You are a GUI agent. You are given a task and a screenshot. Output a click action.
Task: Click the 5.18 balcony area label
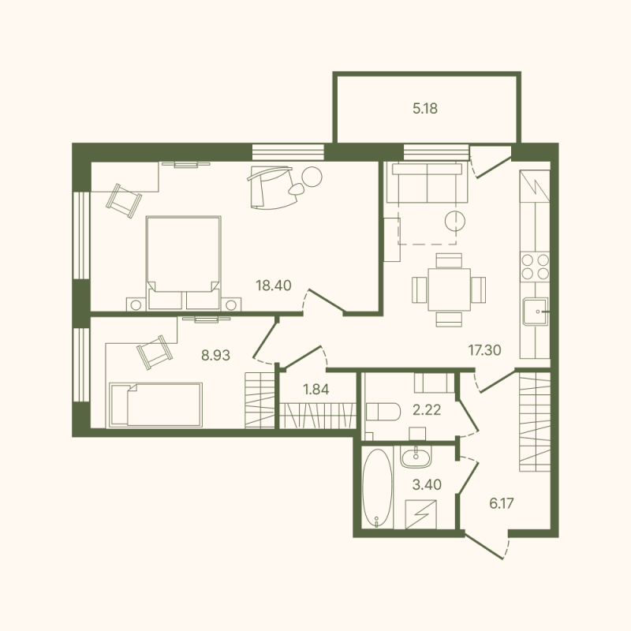(424, 109)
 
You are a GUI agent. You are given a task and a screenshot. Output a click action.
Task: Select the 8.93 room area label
(215, 356)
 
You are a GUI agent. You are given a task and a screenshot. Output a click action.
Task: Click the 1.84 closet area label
(316, 388)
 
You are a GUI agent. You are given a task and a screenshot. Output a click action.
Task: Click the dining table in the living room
(449, 289)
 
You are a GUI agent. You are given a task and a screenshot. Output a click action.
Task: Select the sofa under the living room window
(427, 183)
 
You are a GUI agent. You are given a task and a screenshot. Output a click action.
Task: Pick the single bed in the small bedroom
(156, 404)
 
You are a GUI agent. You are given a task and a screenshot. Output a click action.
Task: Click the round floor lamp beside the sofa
(454, 220)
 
